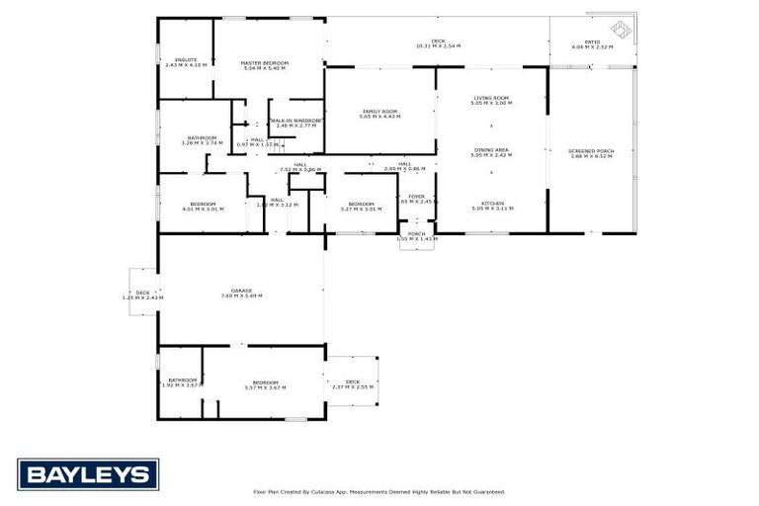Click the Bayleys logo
[x=88, y=474]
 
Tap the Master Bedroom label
[x=263, y=65]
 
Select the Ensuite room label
[x=186, y=60]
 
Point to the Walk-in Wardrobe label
[x=295, y=121]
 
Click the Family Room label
[x=379, y=112]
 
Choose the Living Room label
[x=491, y=97]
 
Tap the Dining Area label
[x=491, y=149]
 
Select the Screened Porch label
[x=591, y=150]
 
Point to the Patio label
[x=593, y=41]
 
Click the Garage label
[x=242, y=291]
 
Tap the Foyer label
[x=417, y=196]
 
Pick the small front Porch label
[x=416, y=233]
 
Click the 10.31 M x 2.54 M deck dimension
[x=438, y=46]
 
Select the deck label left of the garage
[x=142, y=293]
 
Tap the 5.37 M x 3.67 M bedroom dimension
[x=265, y=387]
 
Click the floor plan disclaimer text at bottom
[x=379, y=491]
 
